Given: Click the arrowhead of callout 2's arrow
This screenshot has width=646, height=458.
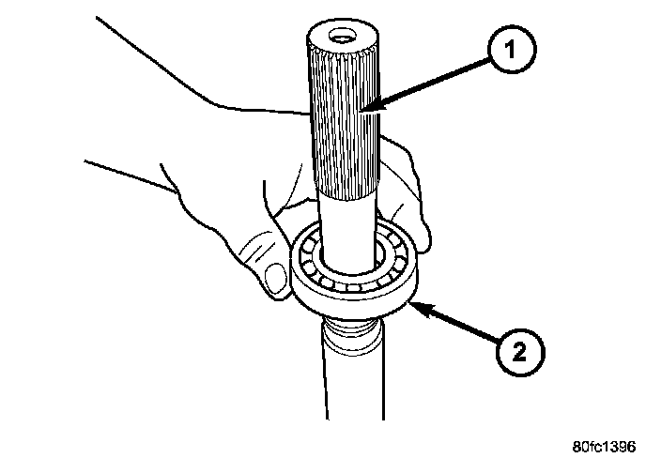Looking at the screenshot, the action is pyautogui.click(x=411, y=302).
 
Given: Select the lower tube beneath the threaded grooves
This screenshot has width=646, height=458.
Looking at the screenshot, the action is pyautogui.click(x=351, y=385).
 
